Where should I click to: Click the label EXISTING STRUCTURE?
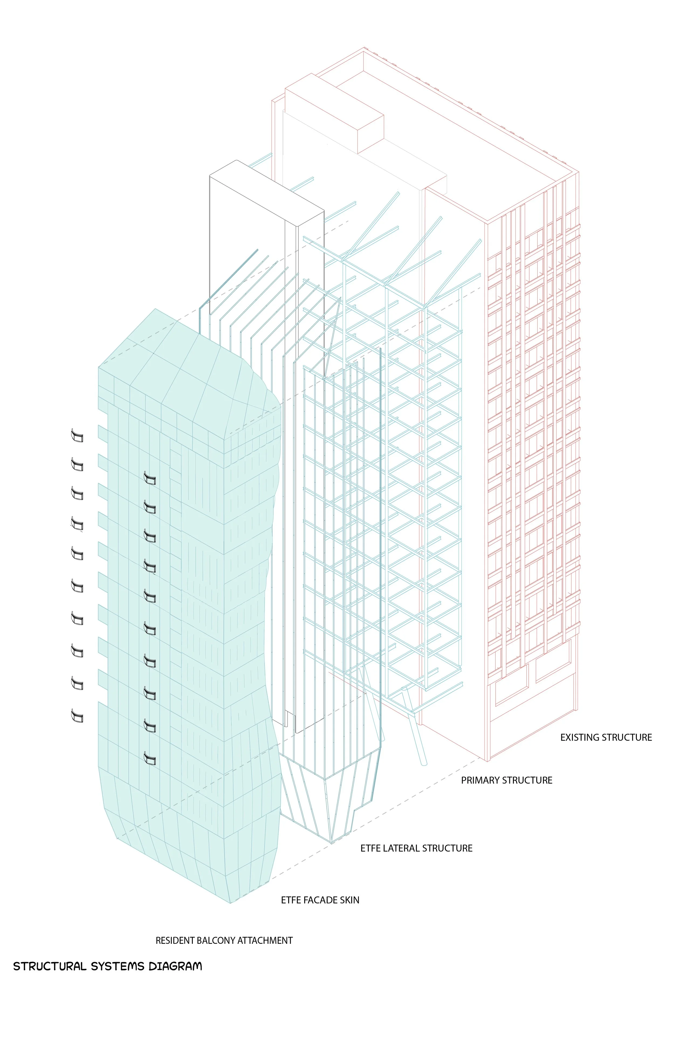606,737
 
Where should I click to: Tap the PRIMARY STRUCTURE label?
506,780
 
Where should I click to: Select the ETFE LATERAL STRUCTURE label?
416,848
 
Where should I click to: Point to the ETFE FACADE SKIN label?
320,900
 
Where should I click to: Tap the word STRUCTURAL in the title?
49,966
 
